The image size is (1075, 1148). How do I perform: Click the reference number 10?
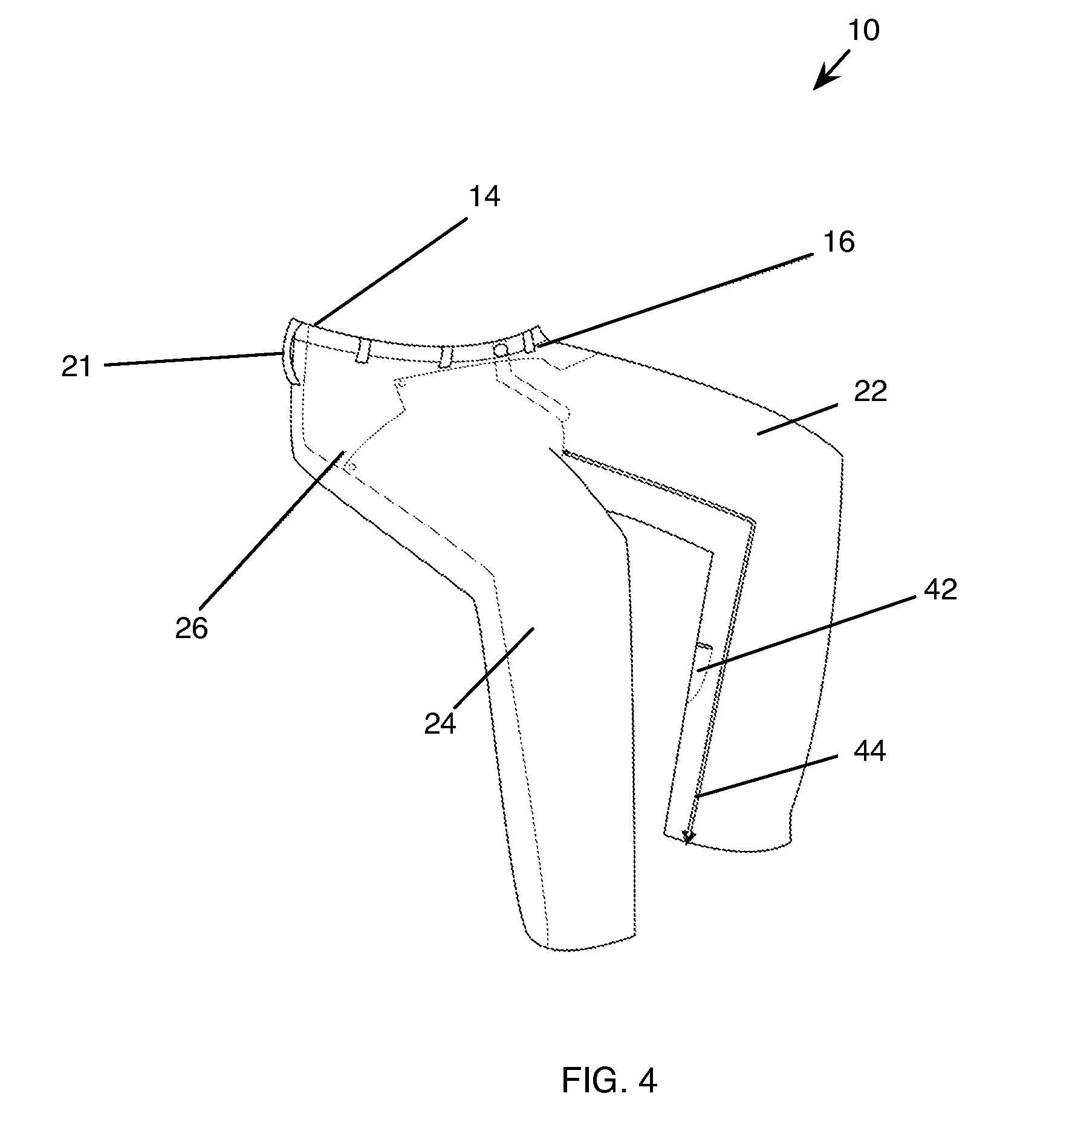pos(863,30)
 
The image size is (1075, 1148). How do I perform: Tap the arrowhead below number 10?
pos(819,84)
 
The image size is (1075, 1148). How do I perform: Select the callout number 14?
pos(484,197)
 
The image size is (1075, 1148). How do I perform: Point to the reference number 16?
pos(839,243)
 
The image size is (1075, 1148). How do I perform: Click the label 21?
pos(76,367)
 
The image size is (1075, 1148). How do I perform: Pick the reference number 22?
pos(870,391)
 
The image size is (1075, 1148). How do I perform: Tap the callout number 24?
pos(440,723)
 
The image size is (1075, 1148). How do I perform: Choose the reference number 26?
pos(192,628)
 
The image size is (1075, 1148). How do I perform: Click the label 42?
pos(940,589)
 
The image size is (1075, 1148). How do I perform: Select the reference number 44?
pos(869,752)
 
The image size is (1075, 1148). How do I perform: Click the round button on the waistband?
pos(501,350)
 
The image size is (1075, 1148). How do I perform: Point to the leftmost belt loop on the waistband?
pos(362,351)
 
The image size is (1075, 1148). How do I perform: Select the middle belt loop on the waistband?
pos(446,357)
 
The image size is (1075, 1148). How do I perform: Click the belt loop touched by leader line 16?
pos(530,340)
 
